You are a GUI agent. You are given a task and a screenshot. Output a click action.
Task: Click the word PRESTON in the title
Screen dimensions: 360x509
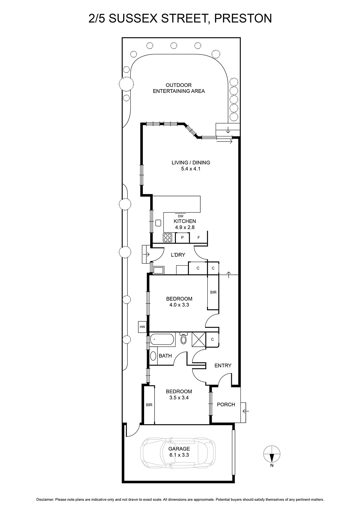243,18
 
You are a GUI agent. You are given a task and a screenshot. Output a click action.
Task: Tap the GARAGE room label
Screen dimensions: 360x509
179,449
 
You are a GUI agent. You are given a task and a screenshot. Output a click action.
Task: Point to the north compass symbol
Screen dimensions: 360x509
272,454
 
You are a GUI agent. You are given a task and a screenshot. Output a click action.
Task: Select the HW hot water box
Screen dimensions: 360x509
142,327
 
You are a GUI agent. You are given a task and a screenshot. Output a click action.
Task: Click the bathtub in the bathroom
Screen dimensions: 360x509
162,340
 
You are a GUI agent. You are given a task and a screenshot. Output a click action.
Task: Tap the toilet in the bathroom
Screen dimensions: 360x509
183,338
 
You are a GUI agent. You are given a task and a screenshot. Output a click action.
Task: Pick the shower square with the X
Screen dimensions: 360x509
199,339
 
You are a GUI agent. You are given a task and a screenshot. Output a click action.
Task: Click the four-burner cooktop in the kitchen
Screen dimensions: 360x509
168,238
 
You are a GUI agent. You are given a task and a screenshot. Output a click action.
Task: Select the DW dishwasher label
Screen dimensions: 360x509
181,216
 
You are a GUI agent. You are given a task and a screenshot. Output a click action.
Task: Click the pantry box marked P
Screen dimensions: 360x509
182,238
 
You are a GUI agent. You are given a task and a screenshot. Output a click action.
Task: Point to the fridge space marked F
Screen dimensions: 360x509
198,238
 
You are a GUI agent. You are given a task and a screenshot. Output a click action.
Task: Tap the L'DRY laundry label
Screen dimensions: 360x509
178,255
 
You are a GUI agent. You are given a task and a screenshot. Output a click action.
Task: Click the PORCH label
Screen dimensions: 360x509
226,404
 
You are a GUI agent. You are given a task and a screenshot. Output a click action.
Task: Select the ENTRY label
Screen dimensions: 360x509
223,366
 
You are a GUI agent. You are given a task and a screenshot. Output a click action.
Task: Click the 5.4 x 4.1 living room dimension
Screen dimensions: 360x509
190,169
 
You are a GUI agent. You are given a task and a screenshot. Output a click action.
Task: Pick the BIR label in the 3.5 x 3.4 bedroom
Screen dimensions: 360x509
149,405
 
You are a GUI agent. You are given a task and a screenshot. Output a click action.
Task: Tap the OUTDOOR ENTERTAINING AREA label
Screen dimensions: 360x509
179,88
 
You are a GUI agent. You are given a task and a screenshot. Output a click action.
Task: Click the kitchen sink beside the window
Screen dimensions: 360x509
158,223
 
